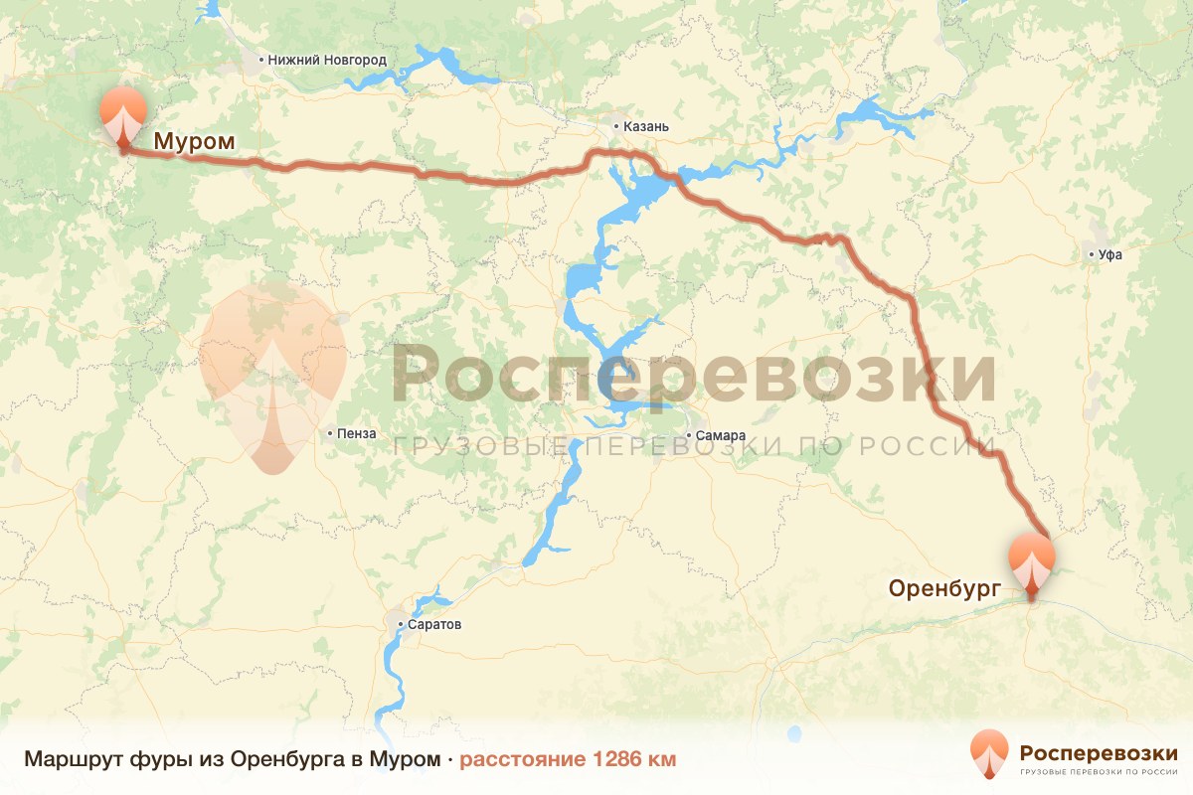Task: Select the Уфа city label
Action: [x=1109, y=254]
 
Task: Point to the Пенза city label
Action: [x=357, y=433]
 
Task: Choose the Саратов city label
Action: [x=434, y=625]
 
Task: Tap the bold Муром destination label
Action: [x=195, y=142]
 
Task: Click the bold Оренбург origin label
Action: [x=943, y=589]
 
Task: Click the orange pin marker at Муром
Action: [x=122, y=114]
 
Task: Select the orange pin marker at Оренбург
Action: [x=1031, y=560]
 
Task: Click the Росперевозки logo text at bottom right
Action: [x=1099, y=752]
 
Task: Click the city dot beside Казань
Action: [x=616, y=126]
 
